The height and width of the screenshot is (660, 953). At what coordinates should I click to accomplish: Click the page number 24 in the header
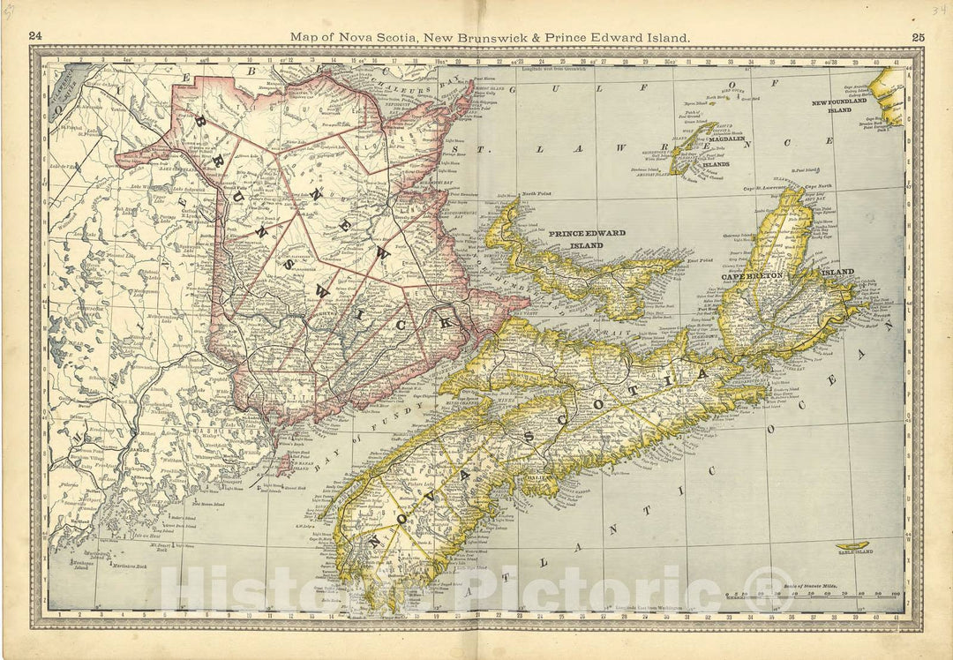[35, 36]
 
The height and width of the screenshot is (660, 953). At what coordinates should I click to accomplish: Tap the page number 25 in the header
[918, 36]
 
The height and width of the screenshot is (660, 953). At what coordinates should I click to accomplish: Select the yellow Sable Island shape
[852, 546]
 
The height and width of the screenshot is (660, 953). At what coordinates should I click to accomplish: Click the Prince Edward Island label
[587, 238]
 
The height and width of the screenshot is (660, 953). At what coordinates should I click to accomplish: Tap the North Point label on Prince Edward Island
[537, 193]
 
